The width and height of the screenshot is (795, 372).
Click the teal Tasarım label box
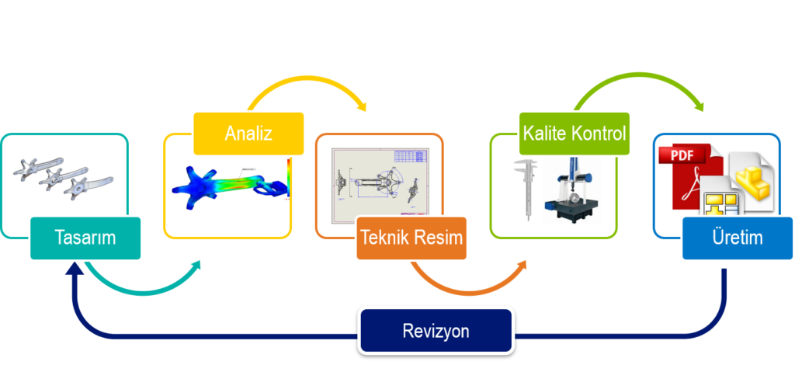[85, 238]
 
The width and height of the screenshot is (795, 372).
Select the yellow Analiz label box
[248, 133]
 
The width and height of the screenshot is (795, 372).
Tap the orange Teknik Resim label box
[413, 238]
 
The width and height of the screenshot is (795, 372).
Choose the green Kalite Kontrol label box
[575, 133]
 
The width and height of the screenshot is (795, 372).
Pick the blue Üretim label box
[738, 238]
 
